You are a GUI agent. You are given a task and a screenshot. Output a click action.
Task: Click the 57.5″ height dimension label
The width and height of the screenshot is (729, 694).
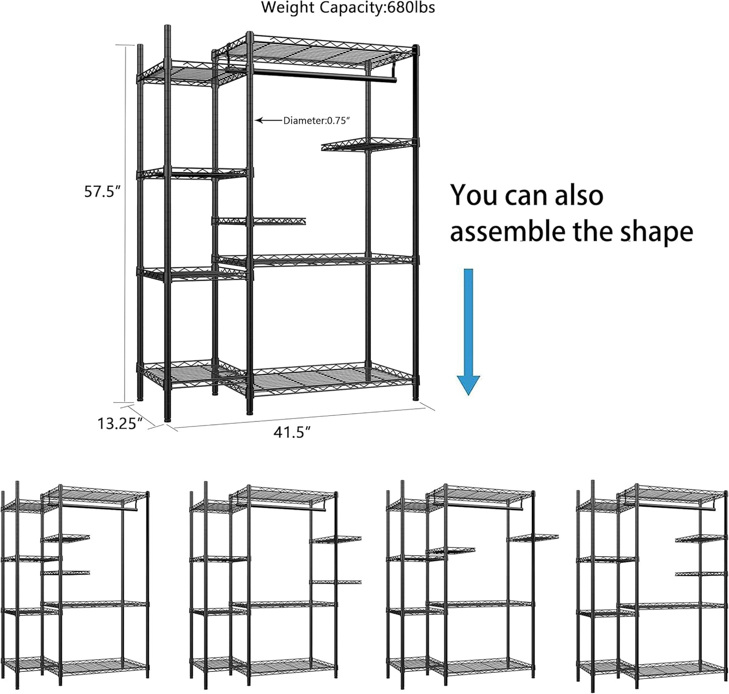click(102, 192)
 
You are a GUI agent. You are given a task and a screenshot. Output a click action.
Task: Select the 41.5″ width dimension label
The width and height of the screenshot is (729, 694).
click(292, 433)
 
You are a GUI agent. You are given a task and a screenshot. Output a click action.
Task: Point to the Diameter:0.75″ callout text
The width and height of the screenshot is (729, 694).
click(316, 121)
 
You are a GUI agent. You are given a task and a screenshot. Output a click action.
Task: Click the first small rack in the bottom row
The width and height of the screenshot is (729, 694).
click(76, 585)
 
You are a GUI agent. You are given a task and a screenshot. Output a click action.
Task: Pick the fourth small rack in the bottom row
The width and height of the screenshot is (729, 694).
click(652, 585)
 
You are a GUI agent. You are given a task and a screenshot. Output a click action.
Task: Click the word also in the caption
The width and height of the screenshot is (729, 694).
click(579, 195)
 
